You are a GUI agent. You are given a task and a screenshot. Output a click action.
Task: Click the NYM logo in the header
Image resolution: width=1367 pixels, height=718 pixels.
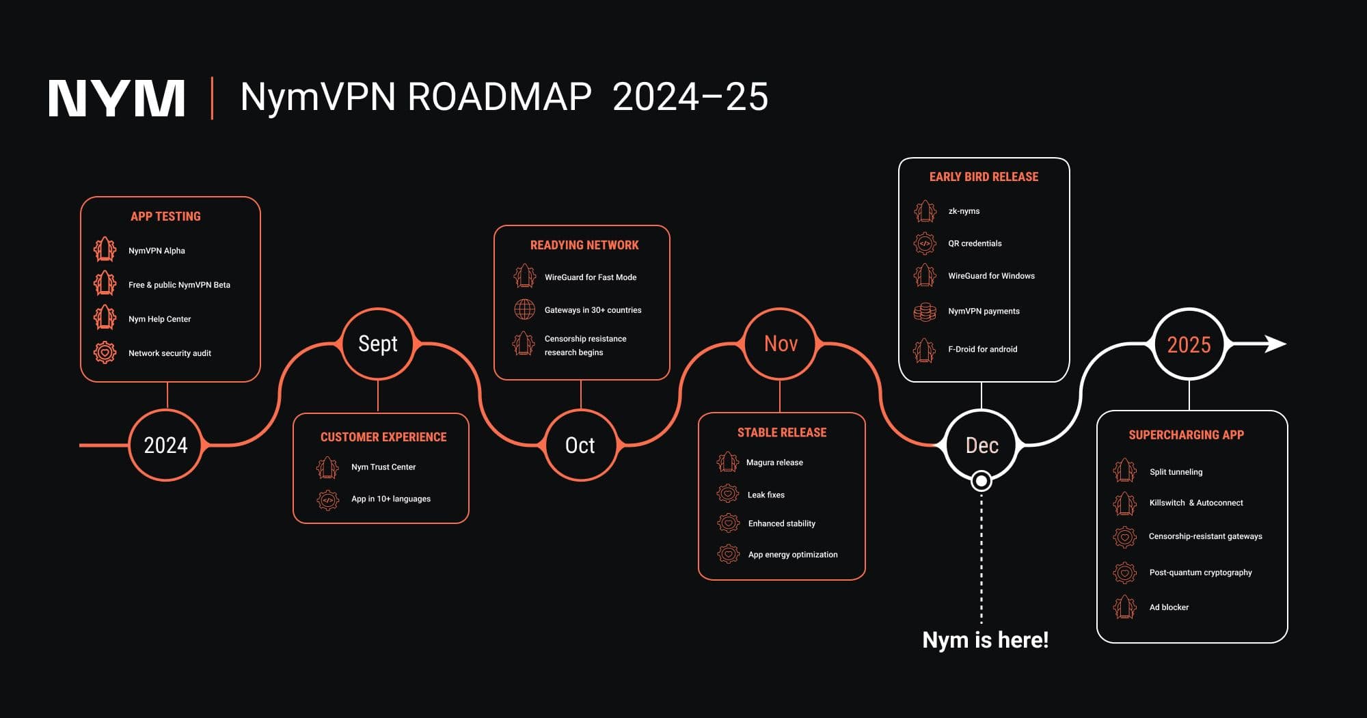click(117, 98)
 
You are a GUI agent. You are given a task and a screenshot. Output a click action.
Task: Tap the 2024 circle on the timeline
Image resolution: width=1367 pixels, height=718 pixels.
click(165, 445)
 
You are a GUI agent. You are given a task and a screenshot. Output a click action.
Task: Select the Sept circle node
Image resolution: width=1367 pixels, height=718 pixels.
click(378, 344)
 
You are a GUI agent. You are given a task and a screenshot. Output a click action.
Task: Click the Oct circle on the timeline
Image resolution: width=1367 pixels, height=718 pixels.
click(580, 445)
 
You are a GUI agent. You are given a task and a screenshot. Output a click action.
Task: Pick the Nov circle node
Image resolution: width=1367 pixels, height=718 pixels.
click(781, 344)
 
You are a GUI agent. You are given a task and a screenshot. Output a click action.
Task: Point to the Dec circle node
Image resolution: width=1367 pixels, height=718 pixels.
click(982, 445)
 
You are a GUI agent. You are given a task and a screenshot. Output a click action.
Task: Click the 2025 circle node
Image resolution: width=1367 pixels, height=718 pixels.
click(1189, 344)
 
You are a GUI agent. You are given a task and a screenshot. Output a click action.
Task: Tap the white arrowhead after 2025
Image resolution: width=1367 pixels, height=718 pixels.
click(1275, 344)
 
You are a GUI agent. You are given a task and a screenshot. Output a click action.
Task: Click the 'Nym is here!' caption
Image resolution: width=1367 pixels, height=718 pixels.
click(985, 640)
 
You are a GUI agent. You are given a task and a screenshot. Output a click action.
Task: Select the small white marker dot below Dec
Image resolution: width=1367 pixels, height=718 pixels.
click(982, 481)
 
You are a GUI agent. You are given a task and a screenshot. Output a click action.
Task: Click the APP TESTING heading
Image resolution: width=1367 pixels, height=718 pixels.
click(165, 217)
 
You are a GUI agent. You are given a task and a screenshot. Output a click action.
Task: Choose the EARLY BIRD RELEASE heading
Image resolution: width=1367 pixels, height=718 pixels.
click(984, 177)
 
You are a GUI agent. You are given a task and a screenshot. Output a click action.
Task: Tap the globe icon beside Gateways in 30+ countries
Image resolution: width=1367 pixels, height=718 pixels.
click(524, 309)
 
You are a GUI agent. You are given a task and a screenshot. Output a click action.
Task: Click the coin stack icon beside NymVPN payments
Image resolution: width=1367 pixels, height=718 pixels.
click(925, 312)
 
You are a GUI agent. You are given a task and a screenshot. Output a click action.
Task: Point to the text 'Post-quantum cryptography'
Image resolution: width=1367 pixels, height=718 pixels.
click(1200, 572)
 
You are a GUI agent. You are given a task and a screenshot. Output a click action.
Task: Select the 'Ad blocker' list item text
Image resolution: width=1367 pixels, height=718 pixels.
click(1169, 607)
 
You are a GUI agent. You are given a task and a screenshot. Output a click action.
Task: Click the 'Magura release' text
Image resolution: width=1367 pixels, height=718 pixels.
click(774, 462)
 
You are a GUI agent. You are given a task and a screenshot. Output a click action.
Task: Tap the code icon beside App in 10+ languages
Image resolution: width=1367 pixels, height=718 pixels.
click(328, 499)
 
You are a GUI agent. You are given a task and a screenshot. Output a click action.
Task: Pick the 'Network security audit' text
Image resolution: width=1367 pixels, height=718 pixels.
click(170, 353)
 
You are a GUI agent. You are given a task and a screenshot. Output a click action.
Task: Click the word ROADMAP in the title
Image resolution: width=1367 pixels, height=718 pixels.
click(500, 97)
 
